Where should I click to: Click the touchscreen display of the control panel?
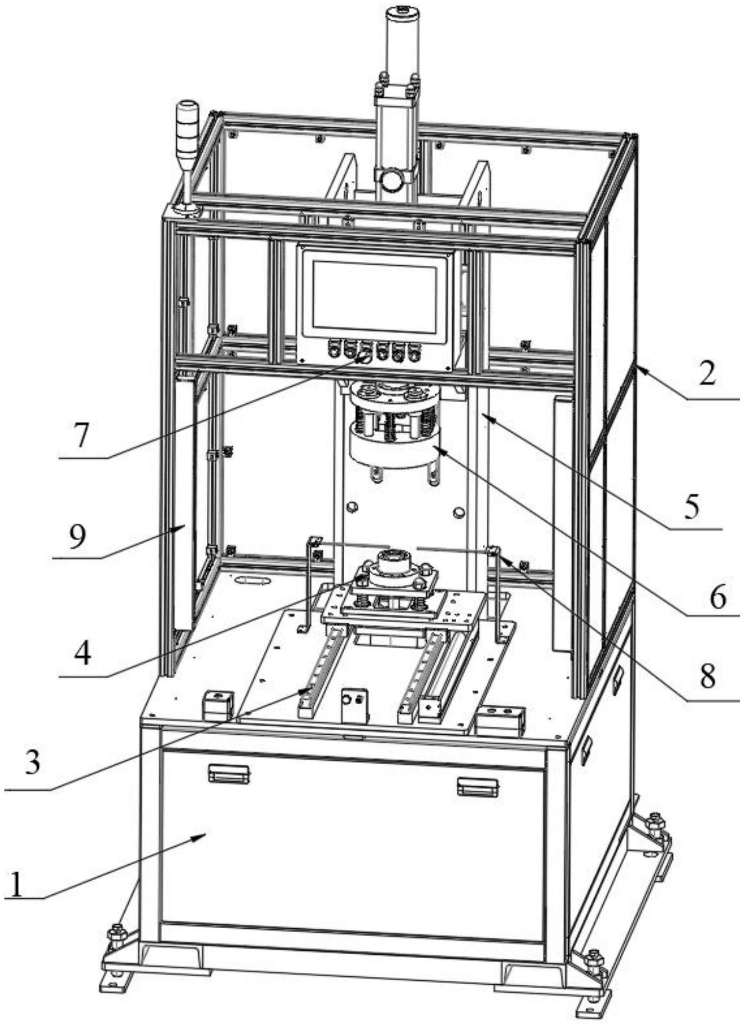[x=375, y=295]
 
